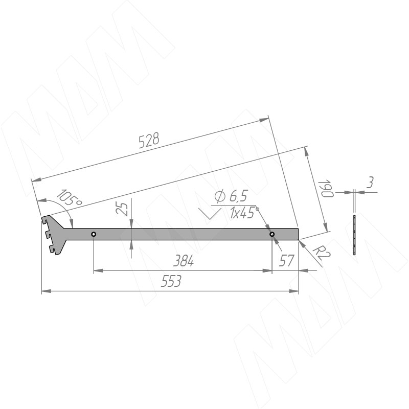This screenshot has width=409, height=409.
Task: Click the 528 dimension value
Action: (149, 140)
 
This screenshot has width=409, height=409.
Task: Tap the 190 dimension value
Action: (326, 188)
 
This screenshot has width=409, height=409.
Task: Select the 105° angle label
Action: (69, 198)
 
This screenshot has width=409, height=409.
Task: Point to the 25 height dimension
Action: (122, 208)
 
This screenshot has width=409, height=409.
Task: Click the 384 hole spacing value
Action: (184, 261)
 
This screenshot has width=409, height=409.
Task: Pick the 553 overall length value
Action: (171, 281)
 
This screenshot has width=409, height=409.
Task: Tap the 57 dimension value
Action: (287, 261)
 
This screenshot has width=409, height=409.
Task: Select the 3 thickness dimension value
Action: (370, 183)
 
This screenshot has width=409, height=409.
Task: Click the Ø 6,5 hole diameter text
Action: (231, 196)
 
